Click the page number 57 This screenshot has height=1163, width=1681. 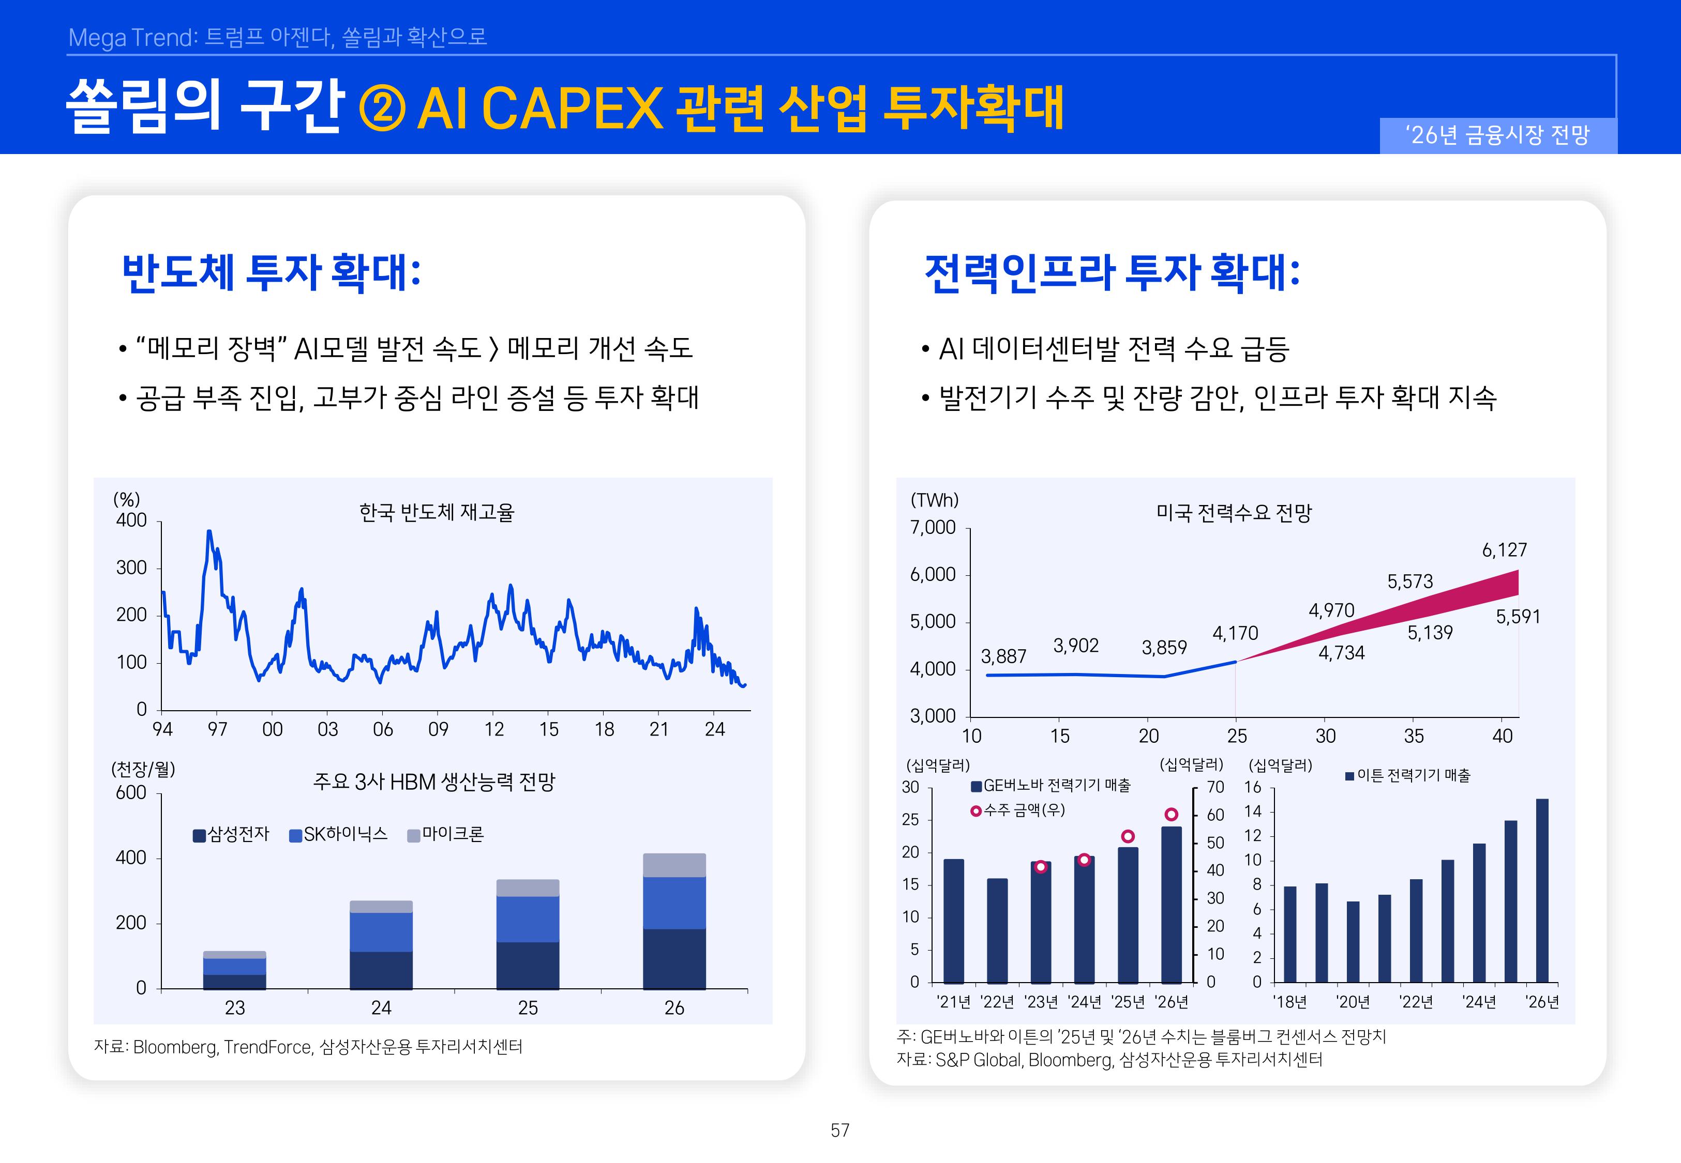(x=840, y=1130)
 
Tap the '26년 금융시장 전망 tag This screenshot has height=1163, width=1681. (x=1498, y=135)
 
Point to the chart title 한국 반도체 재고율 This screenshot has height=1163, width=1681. (x=437, y=512)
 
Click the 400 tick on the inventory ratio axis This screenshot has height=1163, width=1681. (x=132, y=521)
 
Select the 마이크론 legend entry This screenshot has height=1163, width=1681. (x=445, y=834)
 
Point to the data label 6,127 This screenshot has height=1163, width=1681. (x=1504, y=550)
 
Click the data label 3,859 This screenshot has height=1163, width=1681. (x=1164, y=647)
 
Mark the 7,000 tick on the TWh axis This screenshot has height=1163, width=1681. (x=933, y=528)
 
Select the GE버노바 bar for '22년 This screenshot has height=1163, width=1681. (x=997, y=930)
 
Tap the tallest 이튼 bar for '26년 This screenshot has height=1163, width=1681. (x=1542, y=891)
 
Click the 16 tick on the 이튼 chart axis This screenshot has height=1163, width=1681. (x=1252, y=787)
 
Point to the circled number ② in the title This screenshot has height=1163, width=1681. (x=382, y=109)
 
